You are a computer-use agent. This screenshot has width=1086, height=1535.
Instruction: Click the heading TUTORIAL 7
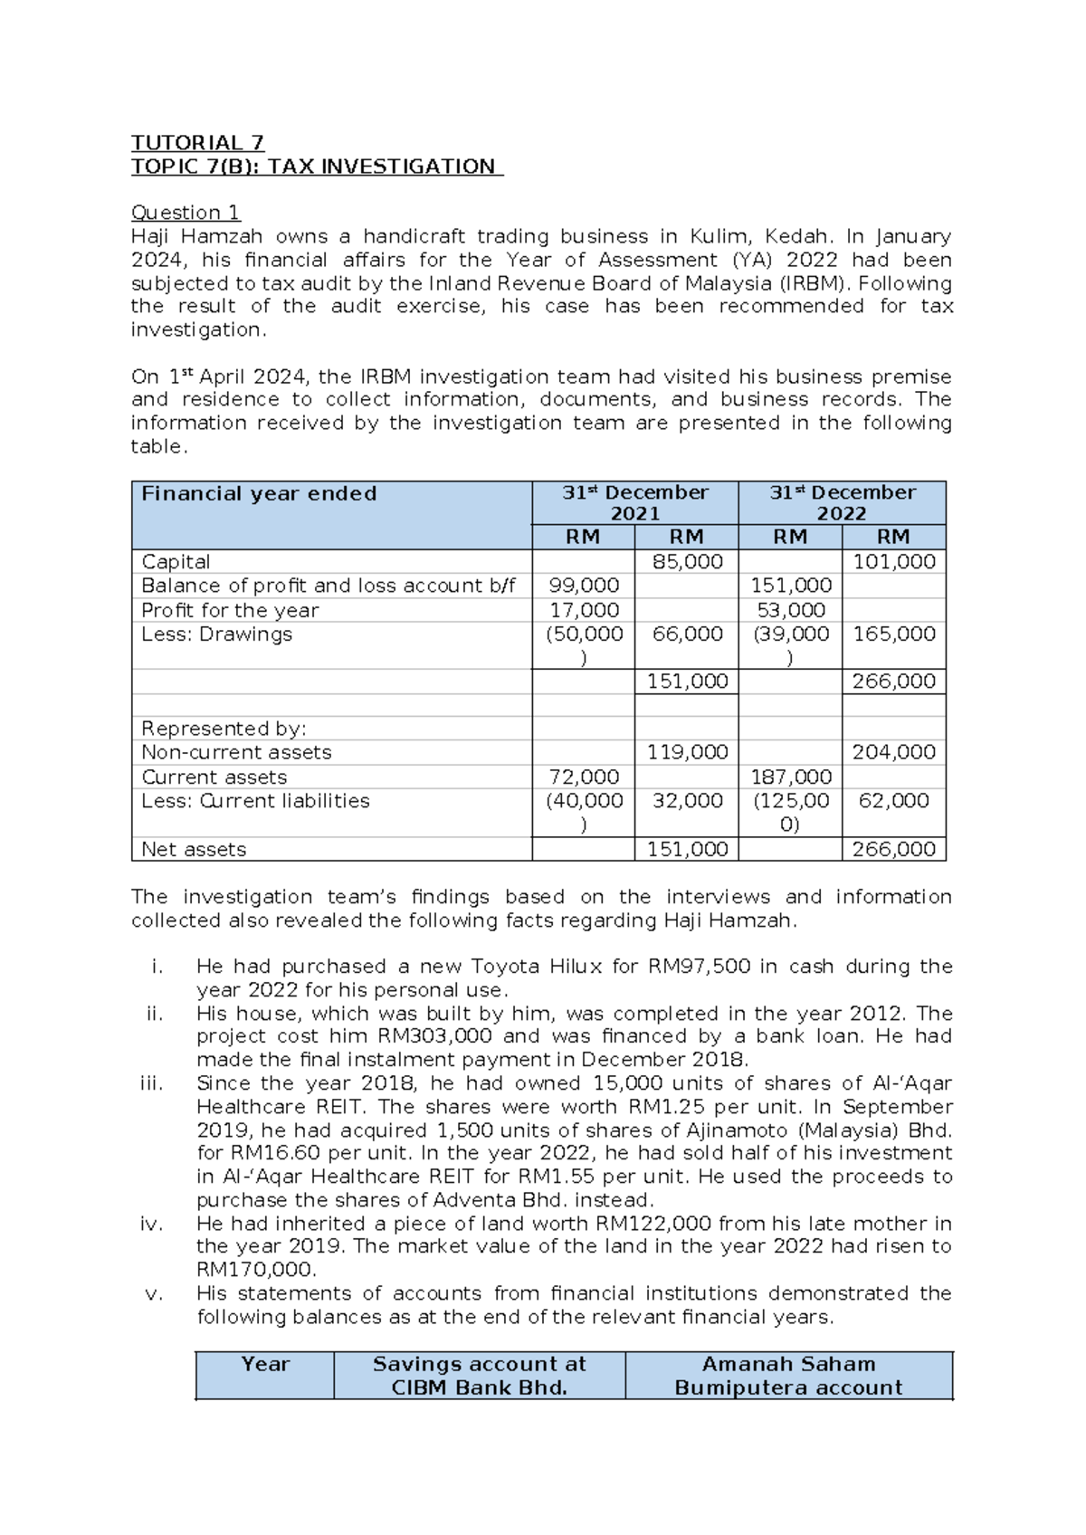click(x=197, y=143)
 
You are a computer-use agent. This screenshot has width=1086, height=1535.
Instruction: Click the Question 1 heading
click(x=186, y=213)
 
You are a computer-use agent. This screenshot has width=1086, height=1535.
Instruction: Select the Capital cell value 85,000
click(x=687, y=562)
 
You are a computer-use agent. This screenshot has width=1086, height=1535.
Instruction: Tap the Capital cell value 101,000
click(x=893, y=562)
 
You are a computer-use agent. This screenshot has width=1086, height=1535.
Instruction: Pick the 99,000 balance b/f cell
click(x=584, y=586)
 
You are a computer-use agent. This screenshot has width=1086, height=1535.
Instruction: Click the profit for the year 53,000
click(x=791, y=610)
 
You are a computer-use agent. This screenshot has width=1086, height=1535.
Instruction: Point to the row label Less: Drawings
click(x=216, y=634)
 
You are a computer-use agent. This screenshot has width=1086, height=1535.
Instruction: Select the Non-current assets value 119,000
click(x=687, y=752)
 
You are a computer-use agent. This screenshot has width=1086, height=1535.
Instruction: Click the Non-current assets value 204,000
click(x=893, y=752)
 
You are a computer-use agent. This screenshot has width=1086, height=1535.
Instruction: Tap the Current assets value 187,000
click(x=791, y=777)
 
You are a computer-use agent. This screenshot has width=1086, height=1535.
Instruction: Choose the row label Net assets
click(x=194, y=849)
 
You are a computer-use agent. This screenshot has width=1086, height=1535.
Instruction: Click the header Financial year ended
click(x=259, y=494)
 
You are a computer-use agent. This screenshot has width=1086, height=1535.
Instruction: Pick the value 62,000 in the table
click(x=893, y=801)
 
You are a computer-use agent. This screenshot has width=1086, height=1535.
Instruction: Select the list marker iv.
click(x=151, y=1224)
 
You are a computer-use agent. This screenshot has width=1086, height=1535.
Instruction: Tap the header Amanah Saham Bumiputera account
click(x=788, y=1376)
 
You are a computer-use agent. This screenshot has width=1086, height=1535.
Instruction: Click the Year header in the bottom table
click(x=264, y=1365)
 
